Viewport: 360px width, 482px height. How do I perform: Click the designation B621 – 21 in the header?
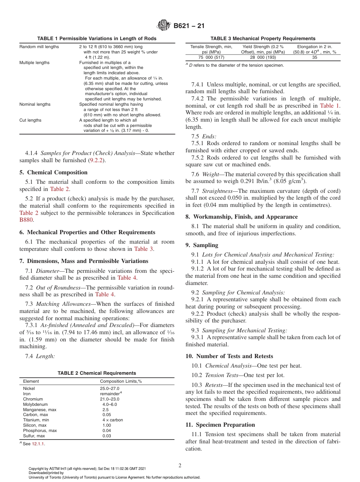point(189,26)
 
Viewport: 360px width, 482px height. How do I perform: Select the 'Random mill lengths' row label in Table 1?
point(39,47)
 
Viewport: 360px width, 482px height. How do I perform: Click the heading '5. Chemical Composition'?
point(53,172)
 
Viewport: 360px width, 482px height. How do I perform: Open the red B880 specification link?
point(26,220)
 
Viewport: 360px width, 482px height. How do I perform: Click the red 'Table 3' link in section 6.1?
point(144,249)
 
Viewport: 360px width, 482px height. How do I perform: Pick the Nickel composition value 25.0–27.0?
point(110,388)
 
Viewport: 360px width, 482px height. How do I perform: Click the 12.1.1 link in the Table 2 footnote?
point(38,444)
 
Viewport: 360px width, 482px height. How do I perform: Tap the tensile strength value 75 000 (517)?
point(211,57)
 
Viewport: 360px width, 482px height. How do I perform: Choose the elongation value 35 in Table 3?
point(315,57)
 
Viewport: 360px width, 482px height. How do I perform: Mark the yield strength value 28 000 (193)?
point(263,57)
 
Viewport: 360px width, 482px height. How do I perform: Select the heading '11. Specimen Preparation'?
point(220,424)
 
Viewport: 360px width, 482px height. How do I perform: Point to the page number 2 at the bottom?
point(180,466)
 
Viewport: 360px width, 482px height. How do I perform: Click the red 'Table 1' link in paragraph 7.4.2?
point(330,106)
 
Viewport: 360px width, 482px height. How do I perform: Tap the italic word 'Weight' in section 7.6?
point(210,174)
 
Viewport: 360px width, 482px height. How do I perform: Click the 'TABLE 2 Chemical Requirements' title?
point(97,373)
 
